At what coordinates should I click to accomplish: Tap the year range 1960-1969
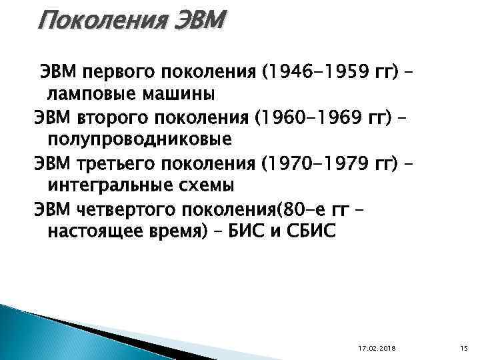point(311,120)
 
